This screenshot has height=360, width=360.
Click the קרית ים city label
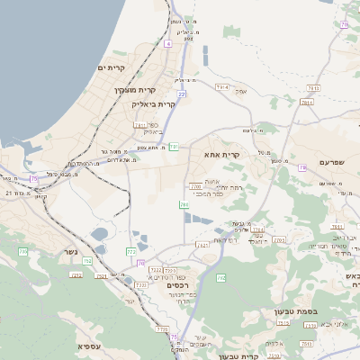coord(112,68)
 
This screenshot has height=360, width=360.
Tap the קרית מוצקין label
coord(136,90)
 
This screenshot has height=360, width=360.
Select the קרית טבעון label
coord(265,356)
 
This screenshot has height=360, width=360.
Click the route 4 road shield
coord(167,43)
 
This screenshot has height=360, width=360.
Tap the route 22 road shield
coord(182,94)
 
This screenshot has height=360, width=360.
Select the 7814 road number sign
coord(307,102)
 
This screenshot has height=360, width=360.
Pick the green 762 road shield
coord(221,278)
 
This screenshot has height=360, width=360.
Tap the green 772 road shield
coord(131,252)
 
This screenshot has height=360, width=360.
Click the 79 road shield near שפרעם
coord(344,24)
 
